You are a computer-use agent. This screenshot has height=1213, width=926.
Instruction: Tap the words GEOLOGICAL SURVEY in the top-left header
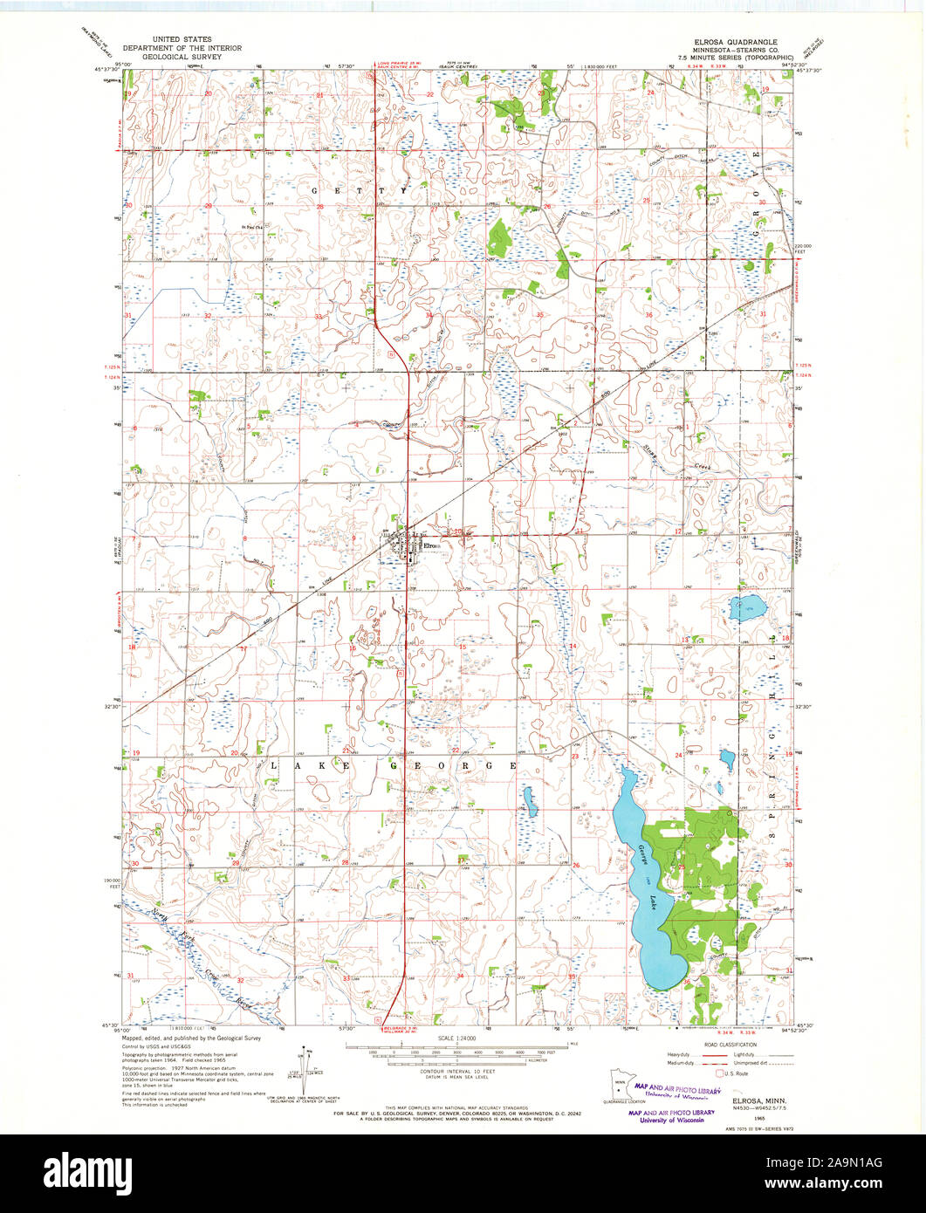[182, 56]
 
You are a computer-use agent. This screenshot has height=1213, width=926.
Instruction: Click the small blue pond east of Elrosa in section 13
[747, 608]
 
